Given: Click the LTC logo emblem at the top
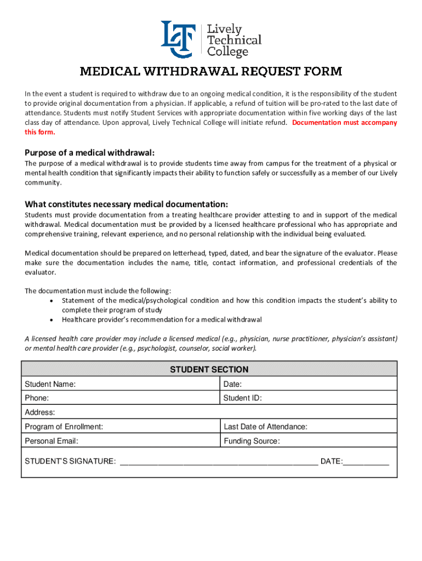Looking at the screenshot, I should pyautogui.click(x=177, y=39).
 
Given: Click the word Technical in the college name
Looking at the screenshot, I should pyautogui.click(x=234, y=40).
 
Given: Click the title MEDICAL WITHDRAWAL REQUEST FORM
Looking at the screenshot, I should pyautogui.click(x=211, y=71).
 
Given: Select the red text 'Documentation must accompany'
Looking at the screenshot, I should pyautogui.click(x=345, y=123).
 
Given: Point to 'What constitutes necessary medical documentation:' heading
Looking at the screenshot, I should pyautogui.click(x=126, y=204).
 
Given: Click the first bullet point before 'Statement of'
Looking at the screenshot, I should pyautogui.click(x=51, y=301).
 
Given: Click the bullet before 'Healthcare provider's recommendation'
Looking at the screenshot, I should pyautogui.click(x=51, y=319).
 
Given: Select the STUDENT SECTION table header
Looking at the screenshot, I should pyautogui.click(x=209, y=370).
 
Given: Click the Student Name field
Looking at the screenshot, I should pyautogui.click(x=148, y=384).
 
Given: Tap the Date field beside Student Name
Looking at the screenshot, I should pyautogui.click(x=318, y=384).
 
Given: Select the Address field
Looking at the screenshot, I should pyautogui.click(x=219, y=413).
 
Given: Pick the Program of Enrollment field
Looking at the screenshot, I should pyautogui.click(x=159, y=427).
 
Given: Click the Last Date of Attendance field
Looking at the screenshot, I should pyautogui.click(x=351, y=427).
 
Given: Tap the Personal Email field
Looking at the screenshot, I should pyautogui.click(x=148, y=441).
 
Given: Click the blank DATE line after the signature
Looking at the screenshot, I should pyautogui.click(x=366, y=461).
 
